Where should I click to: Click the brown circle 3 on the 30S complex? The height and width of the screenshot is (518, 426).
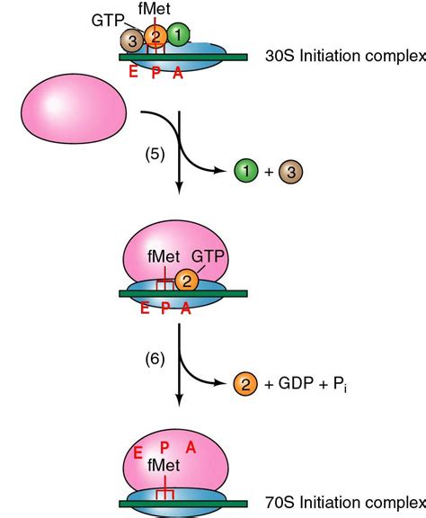(x=132, y=41)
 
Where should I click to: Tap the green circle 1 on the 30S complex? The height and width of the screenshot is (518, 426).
(x=178, y=34)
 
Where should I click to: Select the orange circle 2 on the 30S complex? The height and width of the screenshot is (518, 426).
(x=155, y=36)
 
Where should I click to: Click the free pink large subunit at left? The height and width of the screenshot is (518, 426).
(x=74, y=108)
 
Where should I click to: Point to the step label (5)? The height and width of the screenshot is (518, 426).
(x=155, y=155)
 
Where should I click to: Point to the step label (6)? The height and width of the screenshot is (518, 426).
(x=155, y=359)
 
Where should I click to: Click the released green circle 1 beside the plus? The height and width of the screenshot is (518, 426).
(x=246, y=171)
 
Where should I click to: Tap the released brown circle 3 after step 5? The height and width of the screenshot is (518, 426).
(x=290, y=172)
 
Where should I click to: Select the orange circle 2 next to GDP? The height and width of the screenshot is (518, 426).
(x=245, y=384)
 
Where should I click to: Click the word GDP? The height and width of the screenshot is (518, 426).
(x=296, y=383)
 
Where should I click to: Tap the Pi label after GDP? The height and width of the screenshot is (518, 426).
(x=340, y=385)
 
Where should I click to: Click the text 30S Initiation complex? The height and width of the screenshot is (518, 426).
(x=345, y=56)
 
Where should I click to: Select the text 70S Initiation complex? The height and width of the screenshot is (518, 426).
(x=345, y=503)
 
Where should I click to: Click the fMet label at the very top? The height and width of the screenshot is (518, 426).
(x=155, y=9)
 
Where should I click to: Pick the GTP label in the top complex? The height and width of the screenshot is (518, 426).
(x=108, y=21)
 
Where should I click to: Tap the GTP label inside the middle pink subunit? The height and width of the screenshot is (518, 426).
(x=208, y=256)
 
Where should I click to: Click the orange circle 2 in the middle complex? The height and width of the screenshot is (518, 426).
(x=187, y=281)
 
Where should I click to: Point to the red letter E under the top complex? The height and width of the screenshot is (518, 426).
(x=133, y=72)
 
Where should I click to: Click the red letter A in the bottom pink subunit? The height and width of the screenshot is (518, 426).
(x=191, y=448)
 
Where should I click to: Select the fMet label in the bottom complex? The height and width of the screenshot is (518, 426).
(x=164, y=465)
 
